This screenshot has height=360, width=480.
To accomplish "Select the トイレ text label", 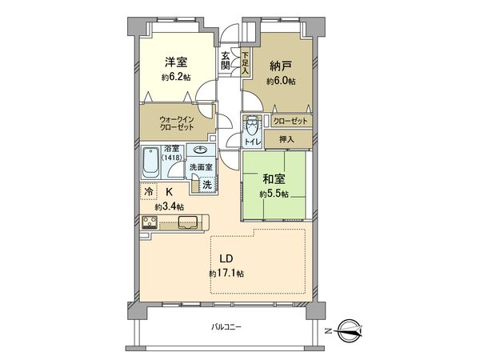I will click(251, 142).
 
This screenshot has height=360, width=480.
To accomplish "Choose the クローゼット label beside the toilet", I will click(289, 121).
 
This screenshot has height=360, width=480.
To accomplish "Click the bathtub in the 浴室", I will click(151, 163).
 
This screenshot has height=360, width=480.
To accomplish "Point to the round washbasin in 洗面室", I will click(198, 150).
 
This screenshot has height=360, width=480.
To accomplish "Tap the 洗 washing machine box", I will click(206, 184).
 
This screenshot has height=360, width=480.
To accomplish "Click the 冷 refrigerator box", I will click(149, 192).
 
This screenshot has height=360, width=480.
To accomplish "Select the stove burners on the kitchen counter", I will click(150, 222).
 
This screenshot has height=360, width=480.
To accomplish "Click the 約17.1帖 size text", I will click(226, 274).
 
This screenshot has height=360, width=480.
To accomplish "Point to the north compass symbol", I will click(350, 329).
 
